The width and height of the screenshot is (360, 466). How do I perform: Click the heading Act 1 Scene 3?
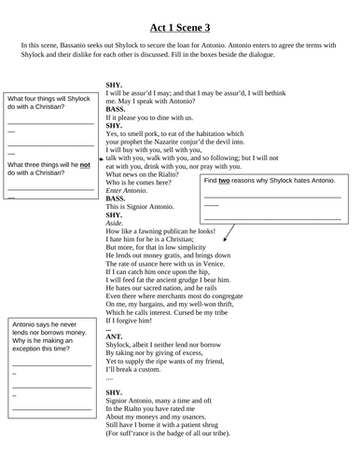click(x=180, y=13)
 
